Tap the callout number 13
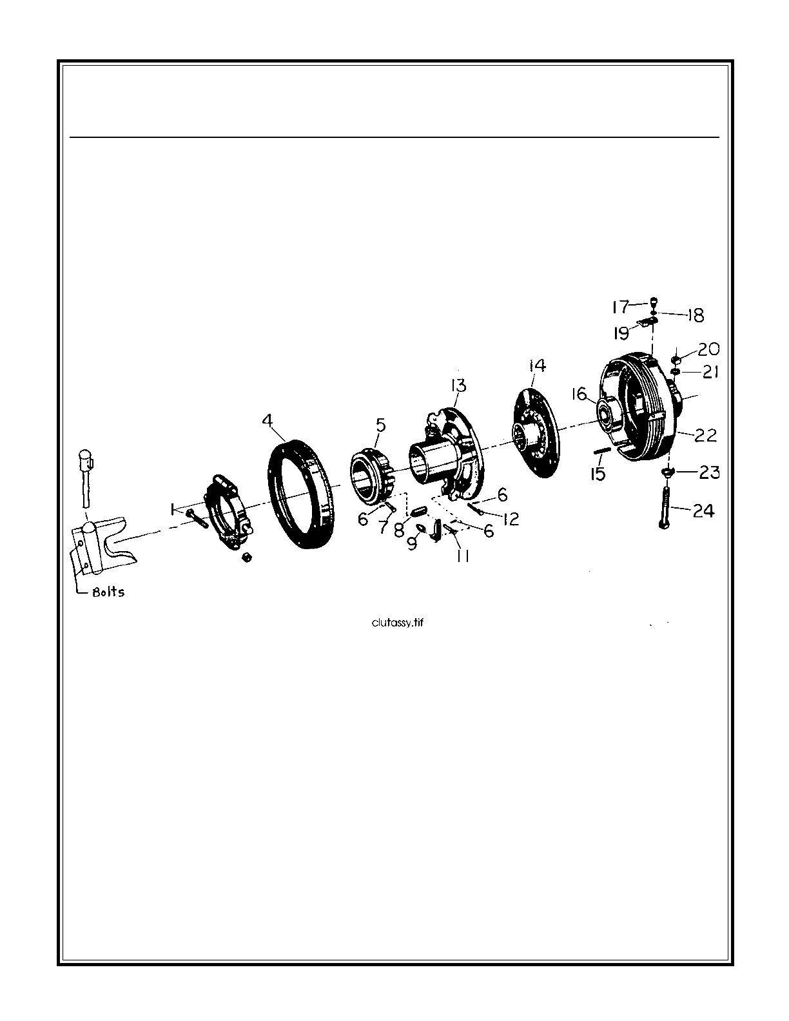click(458, 385)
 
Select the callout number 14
click(537, 365)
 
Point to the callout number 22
click(705, 435)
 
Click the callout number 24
click(704, 510)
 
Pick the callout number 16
click(580, 393)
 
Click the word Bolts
click(108, 592)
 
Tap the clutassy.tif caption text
click(396, 623)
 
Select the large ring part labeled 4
click(301, 494)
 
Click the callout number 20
click(708, 349)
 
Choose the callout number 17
click(620, 306)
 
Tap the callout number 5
click(380, 425)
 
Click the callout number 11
click(462, 555)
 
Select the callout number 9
click(411, 543)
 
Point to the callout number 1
click(172, 509)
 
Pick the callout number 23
click(709, 472)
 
